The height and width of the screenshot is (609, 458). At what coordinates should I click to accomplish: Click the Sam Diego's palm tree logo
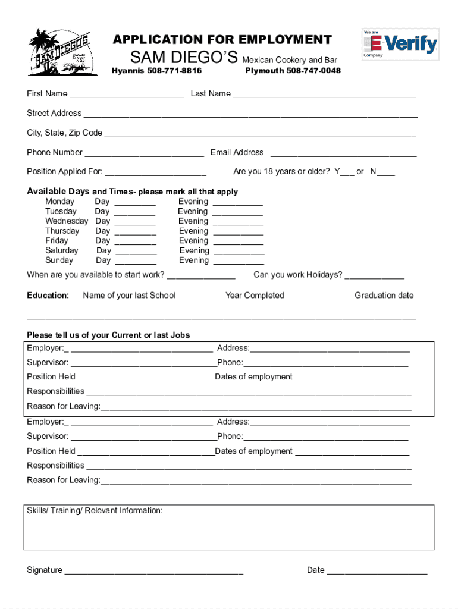click(62, 52)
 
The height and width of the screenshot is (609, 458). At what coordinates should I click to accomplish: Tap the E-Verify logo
click(400, 44)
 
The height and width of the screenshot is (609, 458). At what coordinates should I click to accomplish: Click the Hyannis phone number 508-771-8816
click(157, 71)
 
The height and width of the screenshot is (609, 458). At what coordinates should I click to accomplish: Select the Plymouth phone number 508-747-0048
click(293, 71)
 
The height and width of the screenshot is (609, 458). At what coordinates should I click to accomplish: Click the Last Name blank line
click(324, 94)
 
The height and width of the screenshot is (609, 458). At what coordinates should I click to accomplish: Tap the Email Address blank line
click(343, 153)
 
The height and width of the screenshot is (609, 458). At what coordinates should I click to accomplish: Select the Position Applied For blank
click(155, 172)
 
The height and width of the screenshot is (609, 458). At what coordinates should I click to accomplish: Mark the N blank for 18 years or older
click(385, 172)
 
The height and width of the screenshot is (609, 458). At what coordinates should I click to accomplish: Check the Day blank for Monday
click(134, 202)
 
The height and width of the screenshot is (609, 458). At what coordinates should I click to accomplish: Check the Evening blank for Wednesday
click(238, 222)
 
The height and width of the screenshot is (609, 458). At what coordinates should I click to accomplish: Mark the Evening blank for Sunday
click(239, 261)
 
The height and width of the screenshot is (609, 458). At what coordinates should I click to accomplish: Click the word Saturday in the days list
click(61, 251)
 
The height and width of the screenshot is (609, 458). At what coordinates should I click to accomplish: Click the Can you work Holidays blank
click(374, 275)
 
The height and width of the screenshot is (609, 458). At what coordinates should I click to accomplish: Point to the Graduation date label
click(384, 296)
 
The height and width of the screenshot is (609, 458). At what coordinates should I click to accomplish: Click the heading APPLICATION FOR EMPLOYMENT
click(222, 40)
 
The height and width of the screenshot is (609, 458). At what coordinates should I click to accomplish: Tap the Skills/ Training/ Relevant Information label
click(95, 511)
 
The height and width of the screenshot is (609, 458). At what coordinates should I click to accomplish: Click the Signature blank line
click(153, 571)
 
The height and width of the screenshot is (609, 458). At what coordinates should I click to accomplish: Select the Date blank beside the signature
click(377, 571)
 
